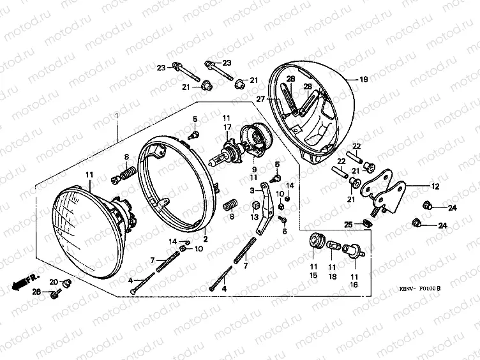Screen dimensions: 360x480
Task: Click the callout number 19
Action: (363, 80)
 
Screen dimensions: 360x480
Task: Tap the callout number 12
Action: (435, 187)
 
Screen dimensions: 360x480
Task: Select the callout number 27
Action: (260, 99)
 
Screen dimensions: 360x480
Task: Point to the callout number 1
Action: (116, 116)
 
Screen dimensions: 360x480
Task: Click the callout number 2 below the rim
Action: (206, 239)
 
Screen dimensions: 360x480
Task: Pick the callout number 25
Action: (349, 224)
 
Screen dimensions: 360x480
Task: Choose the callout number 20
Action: (54, 281)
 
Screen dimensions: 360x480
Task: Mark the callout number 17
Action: (226, 128)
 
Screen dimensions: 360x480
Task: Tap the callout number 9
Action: (253, 170)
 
